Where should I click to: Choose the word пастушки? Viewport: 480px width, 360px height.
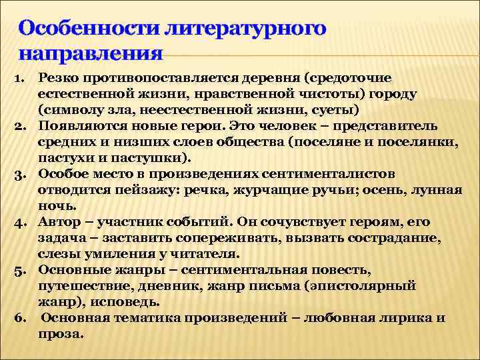coord(161,158)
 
